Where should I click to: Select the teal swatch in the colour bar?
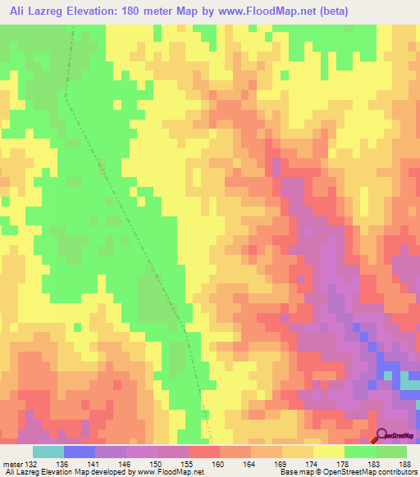48,452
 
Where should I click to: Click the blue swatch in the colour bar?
79,452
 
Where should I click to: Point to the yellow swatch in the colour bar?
328,452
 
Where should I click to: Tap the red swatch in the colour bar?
203,452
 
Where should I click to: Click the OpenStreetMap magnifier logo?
382,434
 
